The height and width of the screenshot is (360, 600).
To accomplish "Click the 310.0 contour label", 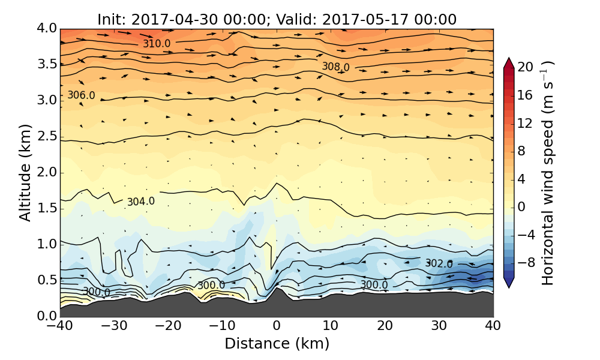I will click(156, 44).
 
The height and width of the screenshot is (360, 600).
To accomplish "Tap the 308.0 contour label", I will click(335, 66).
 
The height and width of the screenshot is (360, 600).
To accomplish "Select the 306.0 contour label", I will click(81, 95).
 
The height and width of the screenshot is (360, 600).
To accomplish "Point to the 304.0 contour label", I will click(141, 202).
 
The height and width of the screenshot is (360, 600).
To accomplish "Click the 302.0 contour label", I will click(439, 263).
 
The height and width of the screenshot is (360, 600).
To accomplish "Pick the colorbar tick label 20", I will click(525, 67).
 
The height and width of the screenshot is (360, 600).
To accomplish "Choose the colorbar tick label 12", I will click(525, 123).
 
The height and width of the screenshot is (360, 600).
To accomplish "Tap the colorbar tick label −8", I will click(525, 262).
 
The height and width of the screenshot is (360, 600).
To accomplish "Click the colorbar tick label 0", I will click(522, 206).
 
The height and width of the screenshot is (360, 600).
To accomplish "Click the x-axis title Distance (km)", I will click(277, 344).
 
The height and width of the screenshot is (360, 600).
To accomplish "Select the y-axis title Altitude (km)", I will click(25, 172).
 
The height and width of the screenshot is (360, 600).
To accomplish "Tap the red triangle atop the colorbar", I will click(509, 62).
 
